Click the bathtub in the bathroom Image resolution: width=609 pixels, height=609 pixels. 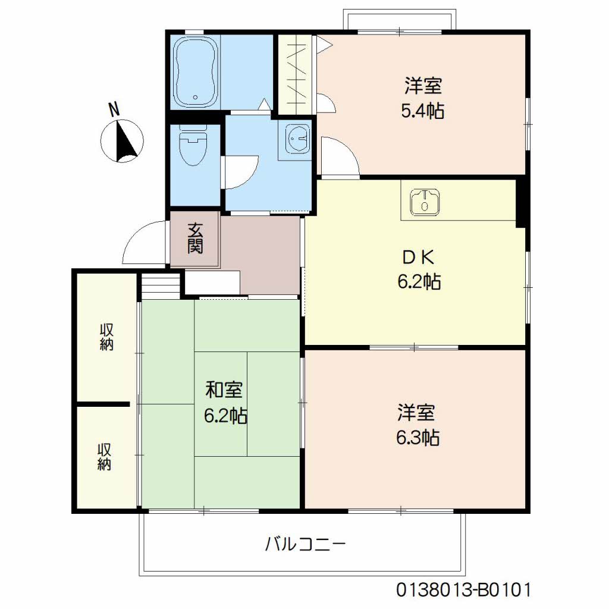click(x=194, y=72)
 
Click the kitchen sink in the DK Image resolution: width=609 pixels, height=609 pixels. click(x=425, y=202)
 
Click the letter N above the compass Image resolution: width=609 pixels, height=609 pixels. click(x=114, y=109)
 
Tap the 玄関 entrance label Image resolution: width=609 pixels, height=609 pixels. click(x=195, y=238)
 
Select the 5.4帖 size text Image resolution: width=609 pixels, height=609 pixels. click(x=423, y=111)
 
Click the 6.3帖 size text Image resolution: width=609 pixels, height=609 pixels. click(x=418, y=438)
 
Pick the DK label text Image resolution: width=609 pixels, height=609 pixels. click(x=418, y=257)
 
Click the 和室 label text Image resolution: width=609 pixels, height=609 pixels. click(x=224, y=390)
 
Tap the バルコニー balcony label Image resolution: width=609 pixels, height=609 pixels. click(x=305, y=544)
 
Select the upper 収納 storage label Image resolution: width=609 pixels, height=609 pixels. click(x=106, y=337)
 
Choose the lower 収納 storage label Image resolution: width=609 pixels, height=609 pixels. click(x=104, y=457)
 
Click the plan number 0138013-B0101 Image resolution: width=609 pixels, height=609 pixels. click(x=463, y=589)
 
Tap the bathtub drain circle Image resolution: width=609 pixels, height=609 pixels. click(x=195, y=98)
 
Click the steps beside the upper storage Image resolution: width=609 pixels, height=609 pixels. click(x=161, y=286)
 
